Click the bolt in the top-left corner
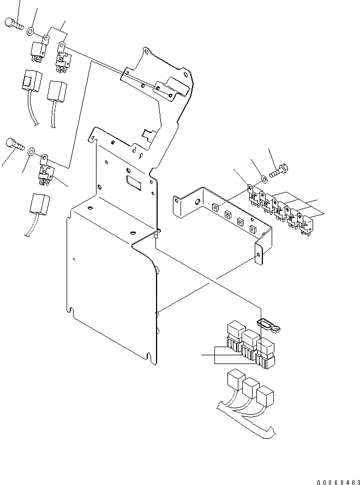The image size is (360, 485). point(13,23)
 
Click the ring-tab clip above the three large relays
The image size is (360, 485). point(270,326)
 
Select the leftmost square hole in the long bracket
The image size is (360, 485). point(215,208)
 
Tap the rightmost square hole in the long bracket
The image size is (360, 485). point(253,230)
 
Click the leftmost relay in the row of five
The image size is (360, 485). point(255,197)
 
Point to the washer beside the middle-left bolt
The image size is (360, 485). point(32,150)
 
